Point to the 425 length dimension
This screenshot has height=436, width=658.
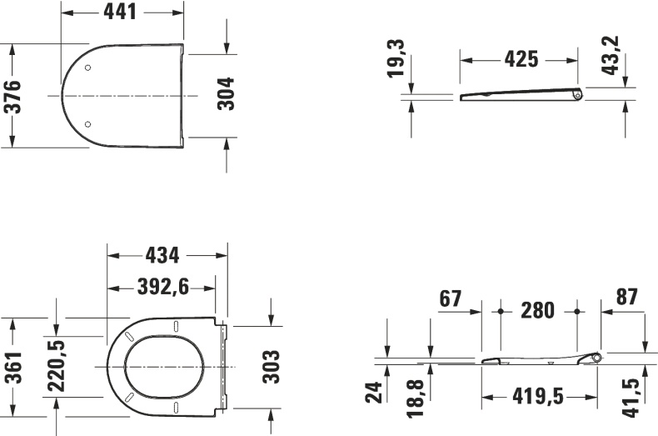[521, 60]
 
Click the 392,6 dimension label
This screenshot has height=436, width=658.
[162, 287]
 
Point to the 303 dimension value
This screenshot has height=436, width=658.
[271, 366]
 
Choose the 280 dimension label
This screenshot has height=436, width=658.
[537, 310]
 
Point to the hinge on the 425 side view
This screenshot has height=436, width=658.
[576, 95]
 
